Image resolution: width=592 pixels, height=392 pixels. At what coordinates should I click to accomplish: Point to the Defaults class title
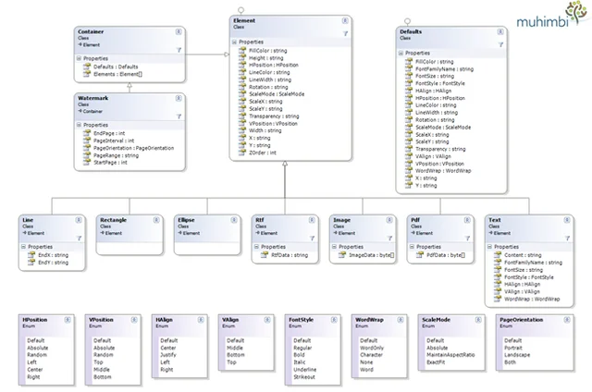tap(411, 31)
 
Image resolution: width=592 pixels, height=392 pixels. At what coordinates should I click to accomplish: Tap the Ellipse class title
tap(188, 220)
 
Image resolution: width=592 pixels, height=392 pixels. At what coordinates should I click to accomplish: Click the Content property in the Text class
tap(518, 256)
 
